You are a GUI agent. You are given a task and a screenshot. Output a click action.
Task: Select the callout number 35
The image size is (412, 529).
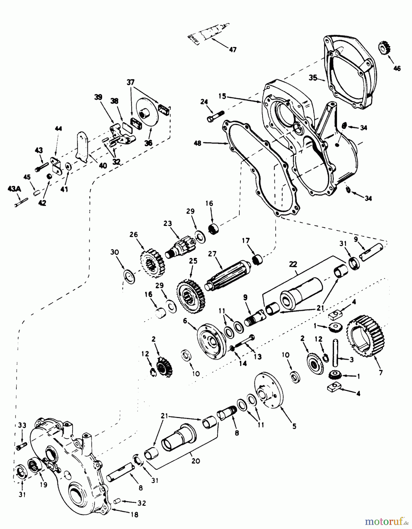(313, 78)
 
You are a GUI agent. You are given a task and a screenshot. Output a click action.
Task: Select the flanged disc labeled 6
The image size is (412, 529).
(211, 338)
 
